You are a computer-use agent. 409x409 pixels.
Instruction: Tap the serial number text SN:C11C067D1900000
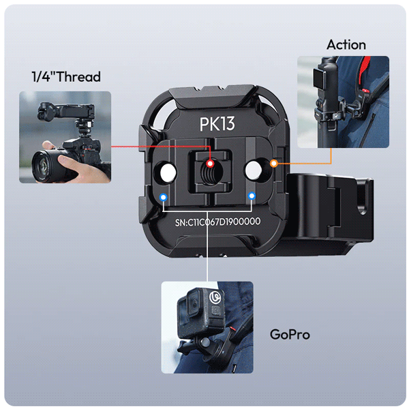(x=217, y=222)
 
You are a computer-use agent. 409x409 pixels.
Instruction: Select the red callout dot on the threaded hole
(x=210, y=164)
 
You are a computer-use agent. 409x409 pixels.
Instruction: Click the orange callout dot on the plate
(x=273, y=164)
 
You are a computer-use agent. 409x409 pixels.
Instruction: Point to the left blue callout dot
(x=164, y=198)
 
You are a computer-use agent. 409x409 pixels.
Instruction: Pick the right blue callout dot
(x=252, y=196)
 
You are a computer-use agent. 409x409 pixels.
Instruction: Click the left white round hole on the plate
(x=168, y=172)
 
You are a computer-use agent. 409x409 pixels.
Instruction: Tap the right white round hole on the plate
(x=254, y=170)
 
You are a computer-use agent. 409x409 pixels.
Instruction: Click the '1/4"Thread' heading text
(x=66, y=76)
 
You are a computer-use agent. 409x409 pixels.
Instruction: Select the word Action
(x=346, y=44)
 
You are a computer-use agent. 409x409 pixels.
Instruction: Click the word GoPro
(x=290, y=334)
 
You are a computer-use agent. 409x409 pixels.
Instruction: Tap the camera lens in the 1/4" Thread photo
(x=45, y=166)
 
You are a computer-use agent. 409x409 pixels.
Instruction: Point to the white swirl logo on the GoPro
(x=216, y=297)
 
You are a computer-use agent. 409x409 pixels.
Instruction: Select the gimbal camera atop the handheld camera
(x=66, y=112)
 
